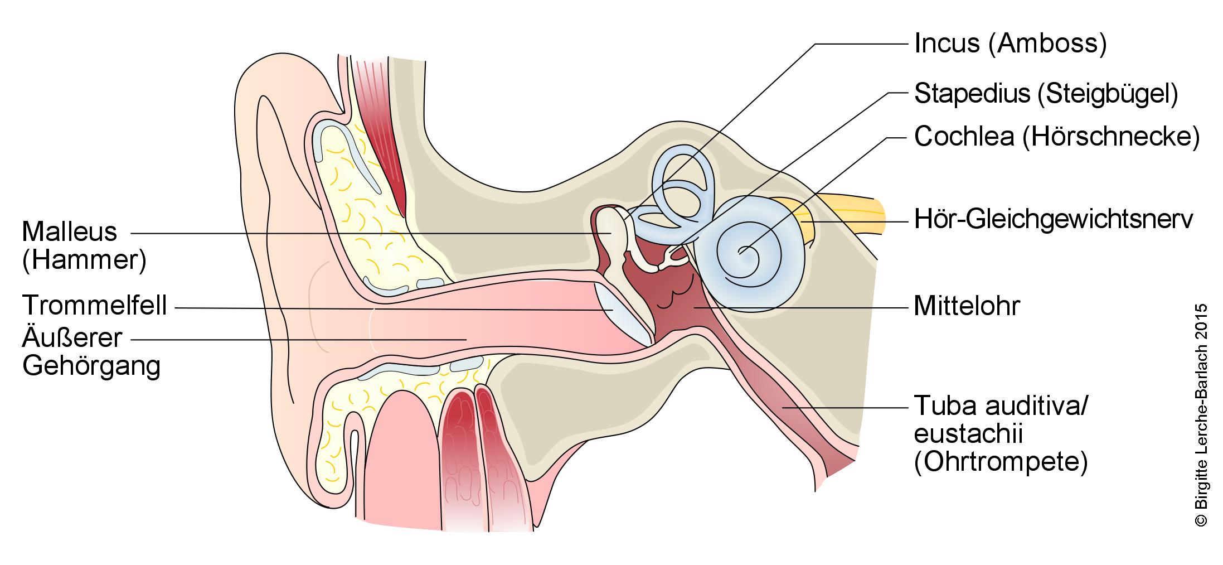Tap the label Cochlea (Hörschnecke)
pyautogui.click(x=1057, y=137)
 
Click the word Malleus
pyautogui.click(x=70, y=231)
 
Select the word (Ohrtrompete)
pyautogui.click(x=1001, y=462)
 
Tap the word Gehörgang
pyautogui.click(x=91, y=366)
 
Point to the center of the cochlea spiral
pyautogui.click(x=742, y=252)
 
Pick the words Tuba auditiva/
pyautogui.click(x=1001, y=407)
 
